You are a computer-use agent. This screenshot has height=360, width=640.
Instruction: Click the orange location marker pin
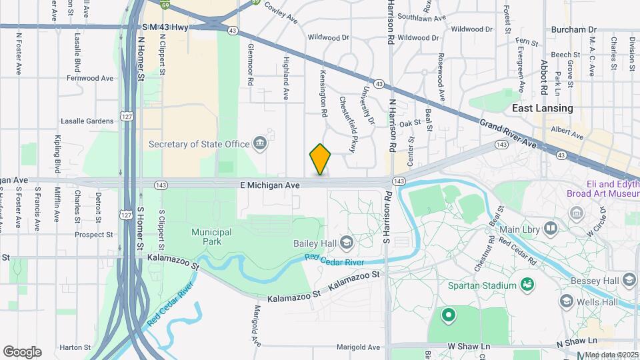(321, 159)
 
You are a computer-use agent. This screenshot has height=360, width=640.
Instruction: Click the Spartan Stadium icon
(528, 285)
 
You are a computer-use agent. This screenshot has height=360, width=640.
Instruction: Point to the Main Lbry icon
(550, 229)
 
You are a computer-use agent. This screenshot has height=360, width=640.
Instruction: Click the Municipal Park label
(211, 237)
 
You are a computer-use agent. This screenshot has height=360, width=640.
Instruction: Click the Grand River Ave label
(507, 133)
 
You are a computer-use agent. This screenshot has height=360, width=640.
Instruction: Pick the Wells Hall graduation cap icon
(566, 301)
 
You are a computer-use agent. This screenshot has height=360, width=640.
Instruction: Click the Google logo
(22, 351)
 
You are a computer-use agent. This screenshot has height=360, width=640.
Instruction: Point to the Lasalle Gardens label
(87, 121)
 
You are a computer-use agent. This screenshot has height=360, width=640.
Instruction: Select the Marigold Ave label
(358, 347)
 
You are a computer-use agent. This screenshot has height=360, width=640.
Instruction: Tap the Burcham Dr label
(574, 30)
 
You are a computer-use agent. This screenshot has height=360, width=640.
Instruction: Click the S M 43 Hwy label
(165, 27)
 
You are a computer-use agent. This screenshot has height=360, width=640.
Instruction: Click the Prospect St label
(94, 235)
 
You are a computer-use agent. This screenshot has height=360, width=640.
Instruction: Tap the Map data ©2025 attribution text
(611, 354)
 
